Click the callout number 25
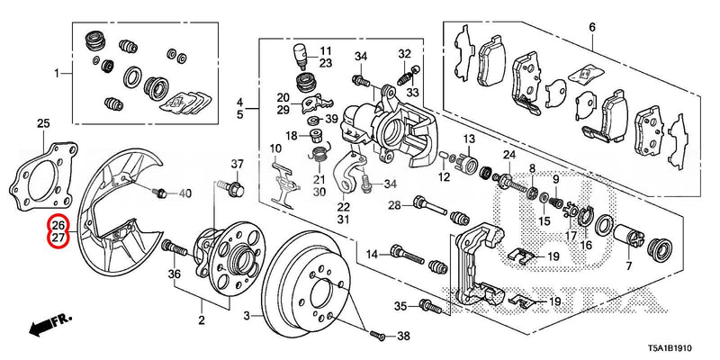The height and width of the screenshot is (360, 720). click(x=43, y=122)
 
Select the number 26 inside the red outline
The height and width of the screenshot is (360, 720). click(x=58, y=225)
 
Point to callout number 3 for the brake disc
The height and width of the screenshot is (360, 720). click(x=247, y=315)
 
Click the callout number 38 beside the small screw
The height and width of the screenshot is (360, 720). click(x=402, y=336)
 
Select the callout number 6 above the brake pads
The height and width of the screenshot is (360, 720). click(x=591, y=28)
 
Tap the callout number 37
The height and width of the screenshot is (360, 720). click(x=238, y=164)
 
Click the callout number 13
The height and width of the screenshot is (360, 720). click(x=469, y=139)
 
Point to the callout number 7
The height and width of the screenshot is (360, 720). click(x=628, y=267)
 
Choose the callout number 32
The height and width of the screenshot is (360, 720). click(x=404, y=53)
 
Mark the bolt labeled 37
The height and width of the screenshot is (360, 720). click(x=236, y=189)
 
